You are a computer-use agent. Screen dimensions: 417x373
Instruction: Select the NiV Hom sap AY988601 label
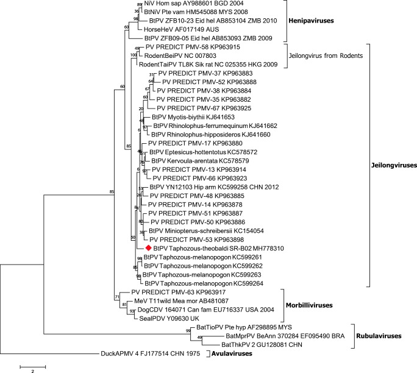tap(186, 4)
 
